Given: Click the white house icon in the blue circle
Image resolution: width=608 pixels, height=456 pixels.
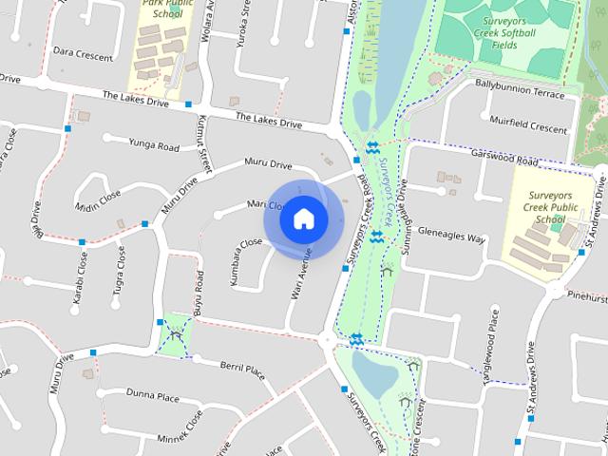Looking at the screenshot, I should point(303,218).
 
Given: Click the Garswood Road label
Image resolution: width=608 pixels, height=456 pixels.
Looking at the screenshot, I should point(509,161).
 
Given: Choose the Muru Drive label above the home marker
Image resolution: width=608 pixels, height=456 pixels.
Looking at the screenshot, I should point(267,164).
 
